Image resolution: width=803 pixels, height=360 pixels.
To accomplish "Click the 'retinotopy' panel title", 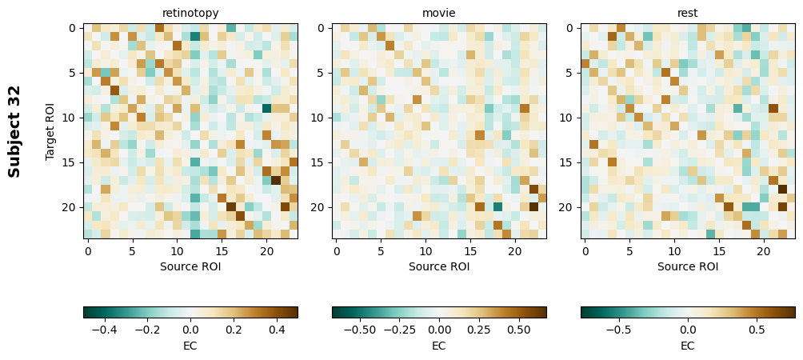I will [x=190, y=13].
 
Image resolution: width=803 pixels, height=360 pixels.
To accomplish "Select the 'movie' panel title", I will [x=439, y=13].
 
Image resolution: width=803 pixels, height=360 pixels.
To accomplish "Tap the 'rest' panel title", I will [x=688, y=13].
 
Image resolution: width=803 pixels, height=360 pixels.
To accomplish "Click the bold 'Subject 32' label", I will [x=14, y=131].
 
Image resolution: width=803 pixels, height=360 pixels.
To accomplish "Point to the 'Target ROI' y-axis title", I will [x=50, y=131].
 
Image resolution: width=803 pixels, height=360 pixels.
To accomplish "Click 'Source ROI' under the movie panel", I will [x=439, y=266].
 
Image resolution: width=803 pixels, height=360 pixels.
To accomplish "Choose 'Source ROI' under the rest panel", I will [x=688, y=266].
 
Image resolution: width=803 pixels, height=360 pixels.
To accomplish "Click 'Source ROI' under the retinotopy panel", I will [x=190, y=266].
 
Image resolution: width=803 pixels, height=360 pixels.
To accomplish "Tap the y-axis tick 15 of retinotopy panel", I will [x=70, y=162].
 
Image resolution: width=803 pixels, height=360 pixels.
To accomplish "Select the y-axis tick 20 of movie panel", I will [x=318, y=207].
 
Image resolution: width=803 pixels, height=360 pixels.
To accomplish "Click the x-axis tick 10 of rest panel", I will [x=674, y=251].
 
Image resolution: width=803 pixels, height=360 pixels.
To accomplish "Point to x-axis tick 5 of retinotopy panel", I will [x=133, y=251].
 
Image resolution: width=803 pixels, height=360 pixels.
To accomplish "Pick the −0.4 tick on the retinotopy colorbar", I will [x=105, y=329].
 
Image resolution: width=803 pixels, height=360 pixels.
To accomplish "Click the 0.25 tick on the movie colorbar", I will [x=479, y=329].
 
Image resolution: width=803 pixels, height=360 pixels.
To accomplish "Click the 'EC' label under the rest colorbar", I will [x=688, y=346].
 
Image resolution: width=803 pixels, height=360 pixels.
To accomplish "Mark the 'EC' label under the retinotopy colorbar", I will [x=190, y=346].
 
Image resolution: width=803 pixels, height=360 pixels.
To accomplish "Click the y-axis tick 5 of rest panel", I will [x=567, y=73].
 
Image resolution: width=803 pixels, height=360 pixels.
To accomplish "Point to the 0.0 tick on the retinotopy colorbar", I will [x=190, y=329].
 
